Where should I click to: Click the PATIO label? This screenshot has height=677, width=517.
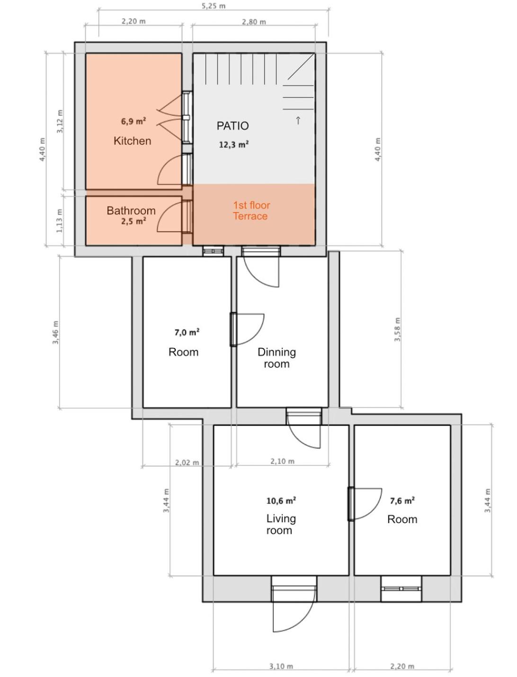(x=232, y=126)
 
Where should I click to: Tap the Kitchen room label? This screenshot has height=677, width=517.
(x=132, y=141)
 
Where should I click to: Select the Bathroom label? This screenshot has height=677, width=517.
(x=131, y=211)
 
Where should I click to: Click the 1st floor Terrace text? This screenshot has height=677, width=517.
(x=251, y=211)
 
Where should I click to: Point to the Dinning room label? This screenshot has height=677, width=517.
(x=276, y=358)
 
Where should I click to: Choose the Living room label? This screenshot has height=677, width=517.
(x=281, y=525)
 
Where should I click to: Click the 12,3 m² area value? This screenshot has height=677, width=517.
(x=234, y=144)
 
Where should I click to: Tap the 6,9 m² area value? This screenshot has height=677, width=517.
(x=134, y=121)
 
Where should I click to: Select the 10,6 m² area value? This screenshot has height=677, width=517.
(x=281, y=500)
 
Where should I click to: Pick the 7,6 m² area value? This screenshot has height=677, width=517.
(x=402, y=500)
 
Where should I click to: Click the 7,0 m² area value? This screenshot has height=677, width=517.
(x=187, y=332)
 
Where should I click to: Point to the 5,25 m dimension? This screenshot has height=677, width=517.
(x=214, y=6)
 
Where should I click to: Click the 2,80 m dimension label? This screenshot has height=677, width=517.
(x=254, y=22)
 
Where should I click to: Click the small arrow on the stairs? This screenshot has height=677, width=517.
(x=298, y=121)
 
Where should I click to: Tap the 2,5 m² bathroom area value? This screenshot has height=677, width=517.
(x=134, y=221)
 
